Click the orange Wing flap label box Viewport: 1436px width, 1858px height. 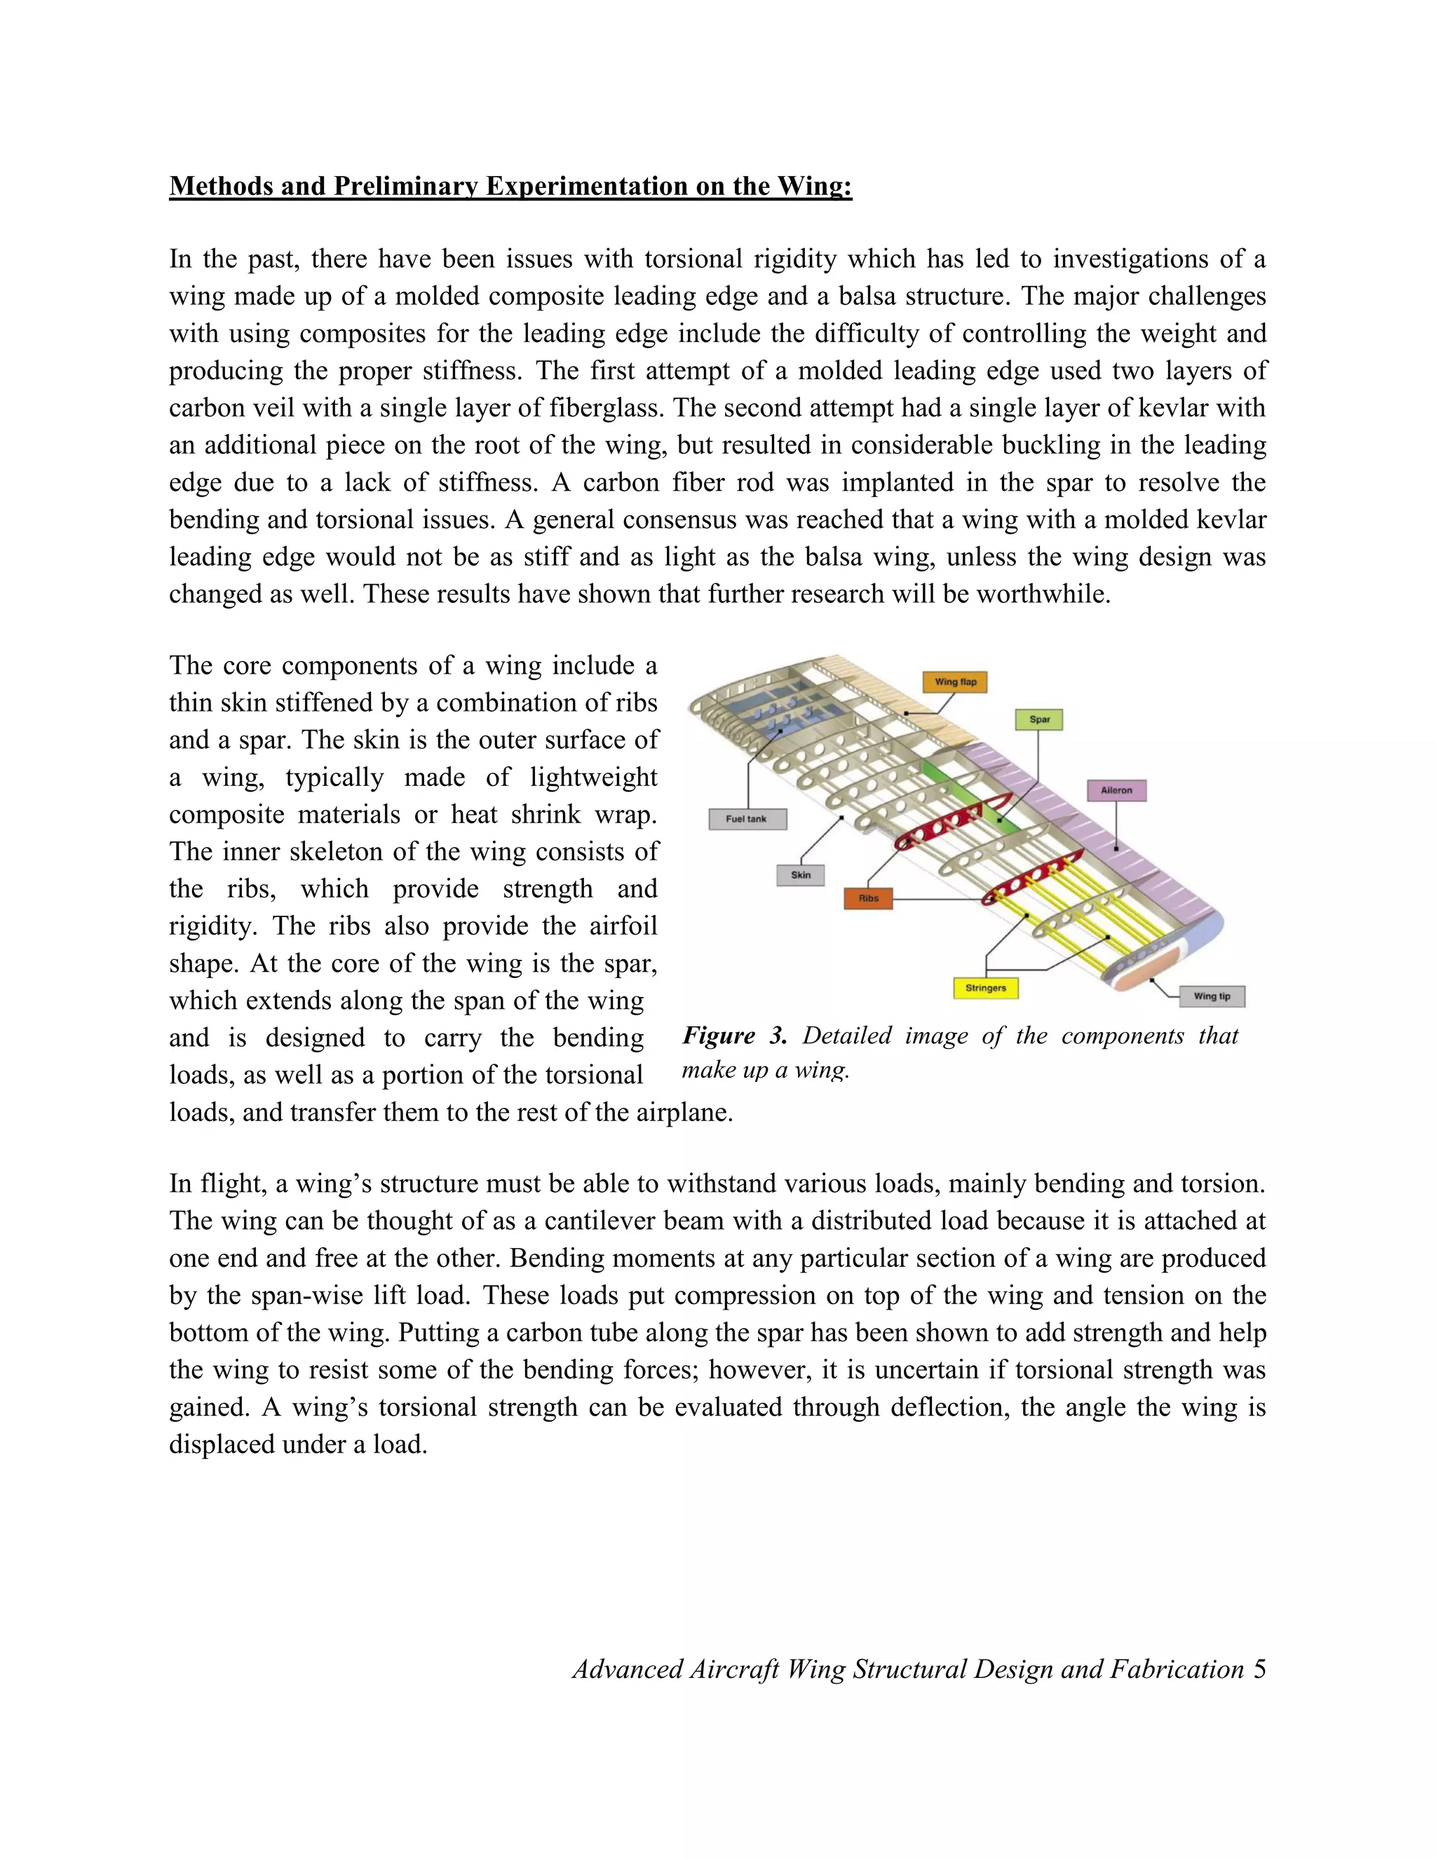(x=956, y=682)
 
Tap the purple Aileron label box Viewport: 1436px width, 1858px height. (x=1116, y=790)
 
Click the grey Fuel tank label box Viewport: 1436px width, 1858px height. (x=747, y=819)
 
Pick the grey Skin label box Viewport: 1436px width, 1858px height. (x=801, y=874)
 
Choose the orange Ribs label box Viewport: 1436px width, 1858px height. (x=868, y=898)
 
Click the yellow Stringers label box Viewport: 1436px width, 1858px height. (x=985, y=988)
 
